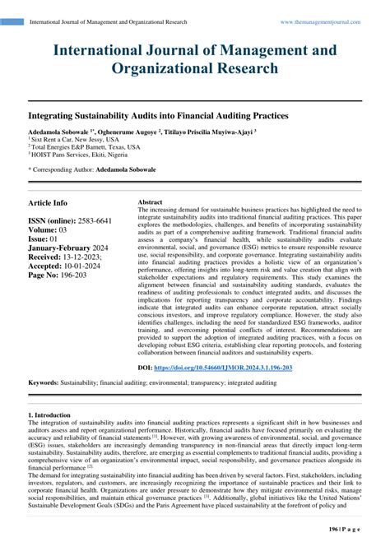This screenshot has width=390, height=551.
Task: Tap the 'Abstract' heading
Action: [150, 202]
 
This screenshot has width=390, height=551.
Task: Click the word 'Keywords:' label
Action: [47, 383]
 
